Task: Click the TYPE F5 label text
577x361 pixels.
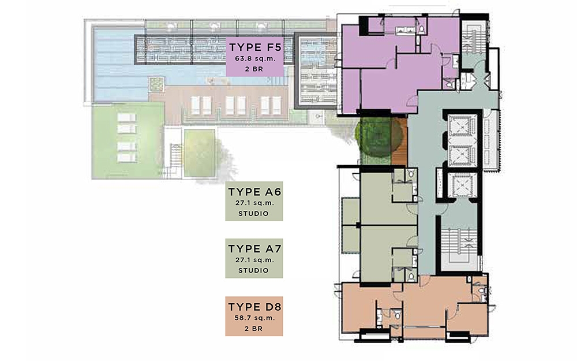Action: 255,47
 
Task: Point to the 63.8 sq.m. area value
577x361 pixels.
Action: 254,58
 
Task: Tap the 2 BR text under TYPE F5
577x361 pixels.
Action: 254,69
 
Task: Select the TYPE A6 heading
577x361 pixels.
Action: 254,192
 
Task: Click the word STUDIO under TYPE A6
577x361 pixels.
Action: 253,214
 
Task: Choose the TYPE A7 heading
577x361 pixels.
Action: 254,249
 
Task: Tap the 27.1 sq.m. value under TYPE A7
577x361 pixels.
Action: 254,260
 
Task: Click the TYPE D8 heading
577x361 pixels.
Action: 254,307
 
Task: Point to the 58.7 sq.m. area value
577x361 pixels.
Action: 254,318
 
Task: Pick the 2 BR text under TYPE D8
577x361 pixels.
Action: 253,329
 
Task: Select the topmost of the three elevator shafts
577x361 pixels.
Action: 462,126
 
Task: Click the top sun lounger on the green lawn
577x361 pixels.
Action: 127,118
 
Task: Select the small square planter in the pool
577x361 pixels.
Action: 156,84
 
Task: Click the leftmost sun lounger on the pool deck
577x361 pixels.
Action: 196,105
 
